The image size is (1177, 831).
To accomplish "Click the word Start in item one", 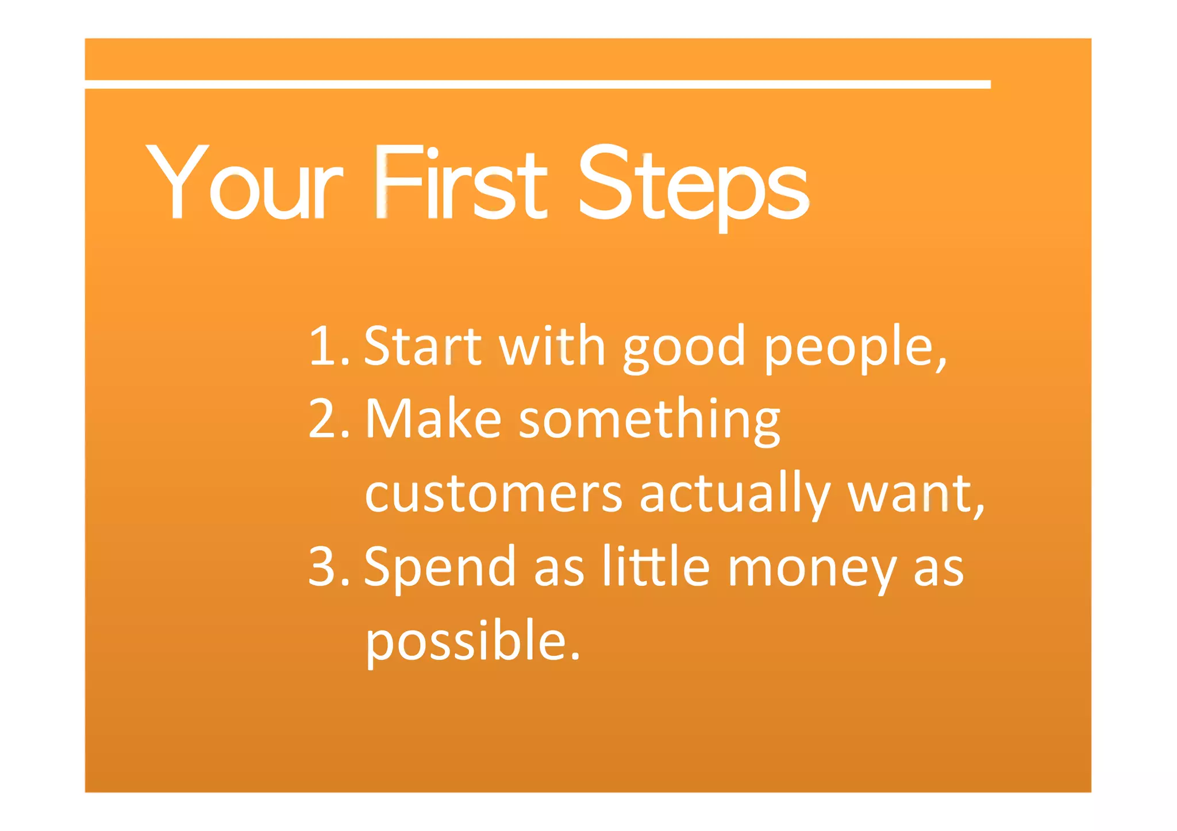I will point(423,346).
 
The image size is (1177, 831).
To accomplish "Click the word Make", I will point(434,419).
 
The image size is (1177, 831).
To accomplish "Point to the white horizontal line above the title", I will point(537,84).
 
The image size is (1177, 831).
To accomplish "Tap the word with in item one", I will point(552,346).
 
